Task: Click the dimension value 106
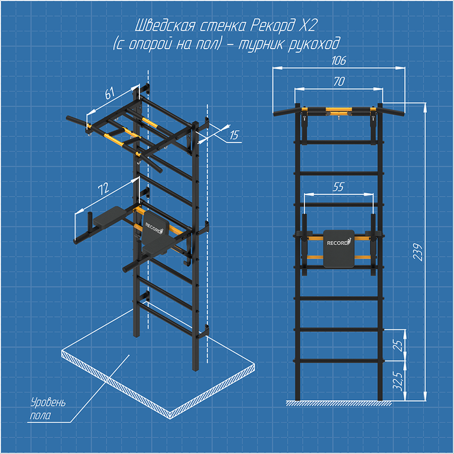pyautogui.click(x=339, y=60)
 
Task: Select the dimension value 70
pyautogui.click(x=339, y=82)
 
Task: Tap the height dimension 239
pyautogui.click(x=417, y=252)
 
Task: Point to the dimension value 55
pyautogui.click(x=338, y=187)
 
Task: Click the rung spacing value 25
pyautogui.click(x=398, y=345)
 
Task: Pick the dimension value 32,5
pyautogui.click(x=398, y=381)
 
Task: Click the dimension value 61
pyautogui.click(x=109, y=93)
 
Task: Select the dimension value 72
pyautogui.click(x=103, y=189)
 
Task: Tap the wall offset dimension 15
pyautogui.click(x=234, y=135)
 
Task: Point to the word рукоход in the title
pyautogui.click(x=313, y=45)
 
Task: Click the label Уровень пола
pyautogui.click(x=48, y=409)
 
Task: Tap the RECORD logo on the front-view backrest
pyautogui.click(x=339, y=242)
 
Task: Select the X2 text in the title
pyautogui.click(x=307, y=26)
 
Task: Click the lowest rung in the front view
pyautogui.click(x=339, y=361)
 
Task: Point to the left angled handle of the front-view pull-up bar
pyautogui.click(x=284, y=112)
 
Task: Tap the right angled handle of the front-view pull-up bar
pyautogui.click(x=393, y=112)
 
